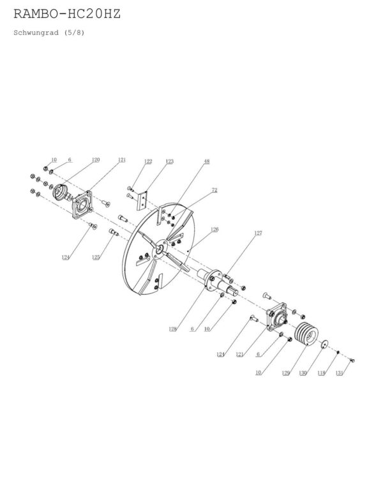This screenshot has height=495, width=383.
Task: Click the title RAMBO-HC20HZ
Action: point(67,14)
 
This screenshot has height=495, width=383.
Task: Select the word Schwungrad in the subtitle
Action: point(36,33)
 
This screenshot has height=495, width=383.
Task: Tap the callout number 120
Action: point(96,159)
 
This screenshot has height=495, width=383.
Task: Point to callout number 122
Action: point(148,161)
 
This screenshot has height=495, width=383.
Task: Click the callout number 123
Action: point(169,161)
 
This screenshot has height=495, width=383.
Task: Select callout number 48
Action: point(207,161)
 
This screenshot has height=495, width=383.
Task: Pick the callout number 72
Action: point(214,190)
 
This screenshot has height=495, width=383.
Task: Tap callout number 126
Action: point(214,229)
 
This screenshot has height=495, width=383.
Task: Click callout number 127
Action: point(258,233)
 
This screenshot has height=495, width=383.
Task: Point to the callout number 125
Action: point(96,257)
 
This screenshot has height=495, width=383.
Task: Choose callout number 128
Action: point(172,329)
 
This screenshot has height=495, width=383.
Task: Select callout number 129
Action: point(285,373)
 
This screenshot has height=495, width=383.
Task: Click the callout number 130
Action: point(303,373)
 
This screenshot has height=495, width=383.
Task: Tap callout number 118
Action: point(321,373)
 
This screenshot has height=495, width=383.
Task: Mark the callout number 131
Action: point(339,373)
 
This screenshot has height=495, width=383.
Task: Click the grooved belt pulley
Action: point(306,334)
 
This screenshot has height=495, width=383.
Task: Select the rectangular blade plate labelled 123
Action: point(142,200)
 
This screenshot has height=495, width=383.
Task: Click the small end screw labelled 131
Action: point(352,360)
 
